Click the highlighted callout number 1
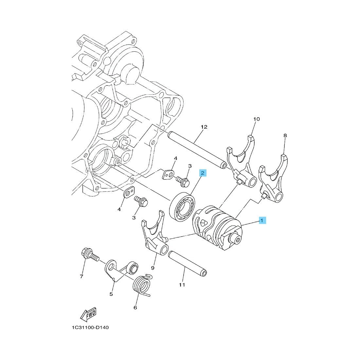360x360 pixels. (262, 220)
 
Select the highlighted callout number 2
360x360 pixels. (203, 173)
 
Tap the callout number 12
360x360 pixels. (204, 127)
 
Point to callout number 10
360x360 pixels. (257, 119)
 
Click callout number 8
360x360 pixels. (285, 135)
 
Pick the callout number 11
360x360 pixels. (182, 285)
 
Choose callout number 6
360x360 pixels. (135, 307)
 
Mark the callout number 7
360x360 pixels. (81, 277)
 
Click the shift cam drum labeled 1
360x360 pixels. (217, 228)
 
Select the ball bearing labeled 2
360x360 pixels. (182, 207)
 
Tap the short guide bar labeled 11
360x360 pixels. (187, 263)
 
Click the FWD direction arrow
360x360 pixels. (88, 314)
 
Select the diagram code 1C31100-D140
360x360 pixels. (90, 327)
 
